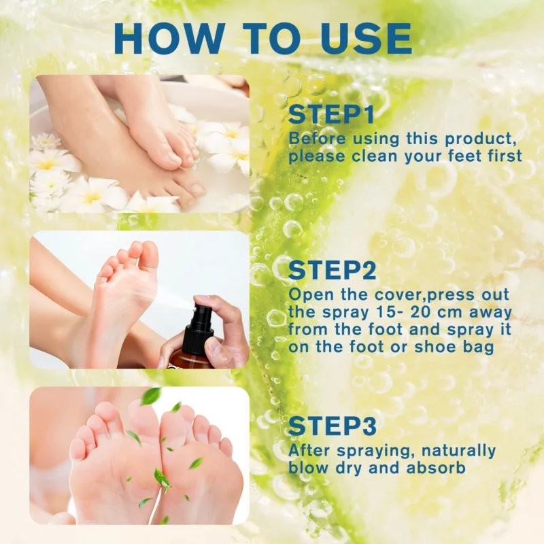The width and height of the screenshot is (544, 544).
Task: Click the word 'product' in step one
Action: pyautogui.click(x=479, y=139)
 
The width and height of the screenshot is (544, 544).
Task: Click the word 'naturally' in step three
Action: pyautogui.click(x=460, y=450)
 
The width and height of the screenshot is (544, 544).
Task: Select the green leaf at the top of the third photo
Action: pyautogui.click(x=150, y=396)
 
